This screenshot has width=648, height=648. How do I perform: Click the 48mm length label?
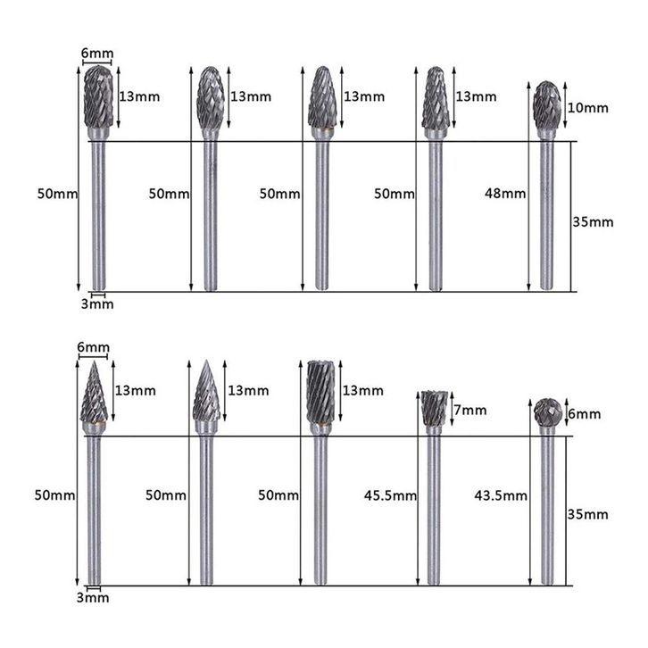click(505, 194)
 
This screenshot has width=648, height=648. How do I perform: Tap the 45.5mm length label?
click(391, 495)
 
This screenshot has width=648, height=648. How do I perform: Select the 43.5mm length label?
click(501, 495)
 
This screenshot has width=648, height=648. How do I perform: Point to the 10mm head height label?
click(587, 108)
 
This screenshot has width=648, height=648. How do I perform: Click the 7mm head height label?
click(470, 411)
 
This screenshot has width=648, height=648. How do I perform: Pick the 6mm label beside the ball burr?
click(585, 413)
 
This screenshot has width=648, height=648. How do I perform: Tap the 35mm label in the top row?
click(593, 222)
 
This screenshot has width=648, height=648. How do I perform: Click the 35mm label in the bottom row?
click(587, 514)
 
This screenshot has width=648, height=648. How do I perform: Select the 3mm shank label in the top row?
click(97, 304)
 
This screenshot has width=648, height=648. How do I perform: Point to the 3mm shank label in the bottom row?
click(93, 598)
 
